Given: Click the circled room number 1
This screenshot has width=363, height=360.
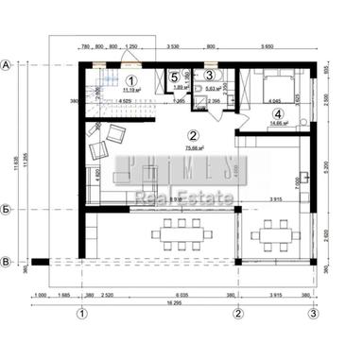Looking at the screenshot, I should (131, 81).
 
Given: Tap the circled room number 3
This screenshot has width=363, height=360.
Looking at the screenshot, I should (209, 75).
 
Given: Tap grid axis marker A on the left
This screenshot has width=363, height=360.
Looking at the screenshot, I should (8, 65).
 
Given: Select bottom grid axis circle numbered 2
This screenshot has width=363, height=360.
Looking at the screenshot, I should (238, 312).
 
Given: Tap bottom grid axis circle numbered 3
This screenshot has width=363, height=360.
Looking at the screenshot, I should (311, 312).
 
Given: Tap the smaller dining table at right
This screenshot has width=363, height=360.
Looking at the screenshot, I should (274, 231).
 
